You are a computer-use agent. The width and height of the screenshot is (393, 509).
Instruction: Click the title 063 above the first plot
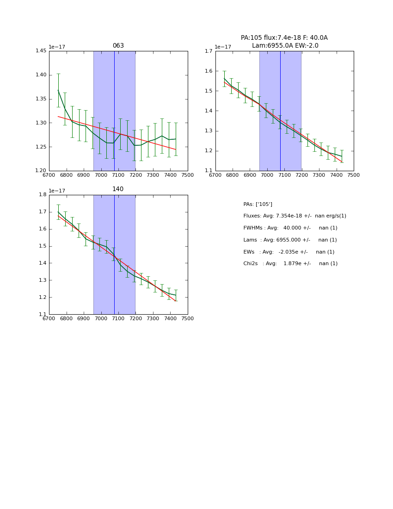pos(118,46)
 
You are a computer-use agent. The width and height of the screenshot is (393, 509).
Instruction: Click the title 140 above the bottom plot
pos(118,189)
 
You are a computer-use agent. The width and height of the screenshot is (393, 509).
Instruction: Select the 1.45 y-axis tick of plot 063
pos(41,51)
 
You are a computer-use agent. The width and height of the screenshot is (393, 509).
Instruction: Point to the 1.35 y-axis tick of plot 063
pos(41,99)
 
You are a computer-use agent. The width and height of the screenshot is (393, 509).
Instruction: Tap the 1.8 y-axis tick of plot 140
pos(43,195)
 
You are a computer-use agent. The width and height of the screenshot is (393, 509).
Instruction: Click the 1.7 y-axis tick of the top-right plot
pos(209,51)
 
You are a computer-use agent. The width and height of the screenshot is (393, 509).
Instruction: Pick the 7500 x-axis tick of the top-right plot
pos(354,175)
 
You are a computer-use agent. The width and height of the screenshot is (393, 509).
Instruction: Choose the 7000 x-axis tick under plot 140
pos(101,318)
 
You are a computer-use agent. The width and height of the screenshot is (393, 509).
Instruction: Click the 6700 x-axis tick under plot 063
pos(49,175)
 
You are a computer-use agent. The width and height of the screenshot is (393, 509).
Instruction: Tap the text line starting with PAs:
pos(258,204)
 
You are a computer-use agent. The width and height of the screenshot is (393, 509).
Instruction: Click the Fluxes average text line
pos(295,216)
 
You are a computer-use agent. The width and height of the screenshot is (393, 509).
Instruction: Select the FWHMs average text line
pos(290,228)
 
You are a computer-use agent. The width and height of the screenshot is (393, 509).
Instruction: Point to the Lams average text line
pos(290,240)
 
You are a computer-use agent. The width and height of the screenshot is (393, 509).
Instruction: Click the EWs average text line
pos(289,252)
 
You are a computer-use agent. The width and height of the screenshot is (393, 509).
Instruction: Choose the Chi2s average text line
pos(290,264)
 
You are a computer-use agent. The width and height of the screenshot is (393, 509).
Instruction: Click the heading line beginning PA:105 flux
pos(284,38)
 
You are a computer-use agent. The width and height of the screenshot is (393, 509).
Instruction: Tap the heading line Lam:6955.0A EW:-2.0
pos(285,46)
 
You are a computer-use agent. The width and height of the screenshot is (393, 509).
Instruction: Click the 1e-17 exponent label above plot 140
pos(57,191)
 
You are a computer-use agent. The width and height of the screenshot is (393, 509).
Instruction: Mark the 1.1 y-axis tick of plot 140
pos(43,315)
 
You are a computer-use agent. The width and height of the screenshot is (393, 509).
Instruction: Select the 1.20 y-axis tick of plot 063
pos(41,171)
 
